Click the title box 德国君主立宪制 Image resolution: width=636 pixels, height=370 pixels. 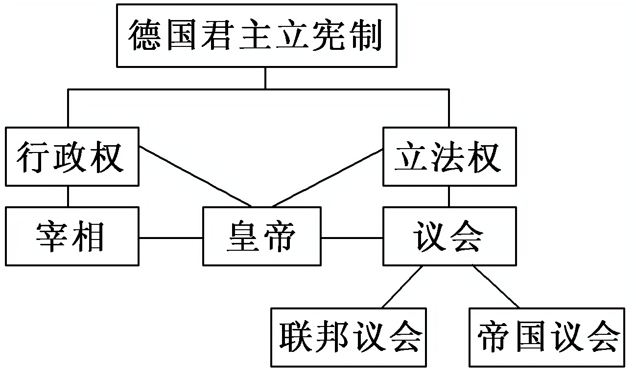[x=256, y=35]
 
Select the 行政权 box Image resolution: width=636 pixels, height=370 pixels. [x=71, y=156]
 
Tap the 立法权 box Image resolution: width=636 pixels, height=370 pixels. [x=449, y=156]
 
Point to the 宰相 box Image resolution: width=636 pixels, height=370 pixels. [x=71, y=237]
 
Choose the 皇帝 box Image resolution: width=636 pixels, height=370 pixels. [x=262, y=237]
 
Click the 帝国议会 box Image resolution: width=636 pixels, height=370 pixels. [x=547, y=337]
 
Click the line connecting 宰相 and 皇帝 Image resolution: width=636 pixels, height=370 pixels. [x=171, y=238]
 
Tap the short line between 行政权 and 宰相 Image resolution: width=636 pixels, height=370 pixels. [x=68, y=196]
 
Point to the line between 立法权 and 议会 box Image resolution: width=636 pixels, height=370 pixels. [x=449, y=196]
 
